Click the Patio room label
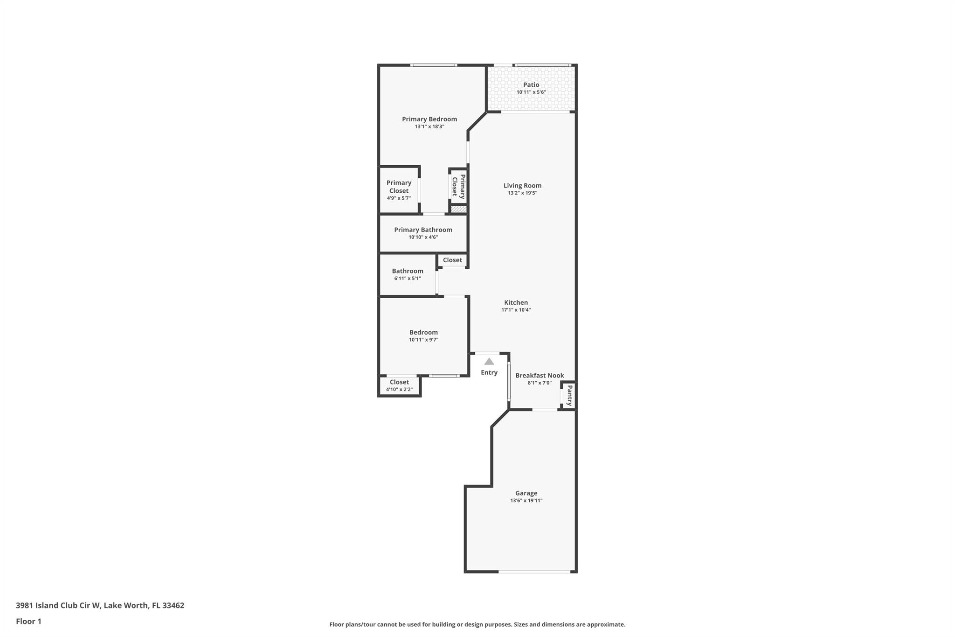tap(531, 84)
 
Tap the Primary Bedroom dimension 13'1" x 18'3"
tap(429, 126)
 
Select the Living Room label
tap(522, 185)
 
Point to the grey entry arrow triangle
tap(489, 362)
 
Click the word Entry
tap(489, 372)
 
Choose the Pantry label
tap(569, 395)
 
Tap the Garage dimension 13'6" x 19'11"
tap(526, 501)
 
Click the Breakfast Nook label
tap(539, 375)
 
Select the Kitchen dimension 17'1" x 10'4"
tap(516, 310)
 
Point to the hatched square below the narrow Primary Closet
tap(458, 210)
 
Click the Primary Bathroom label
tap(423, 230)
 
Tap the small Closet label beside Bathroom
tap(452, 260)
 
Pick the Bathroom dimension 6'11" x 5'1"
tap(407, 279)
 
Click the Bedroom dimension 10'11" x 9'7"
tap(423, 340)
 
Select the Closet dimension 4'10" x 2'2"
tap(399, 390)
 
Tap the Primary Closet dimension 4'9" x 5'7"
tap(398, 198)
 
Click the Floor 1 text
tap(28, 621)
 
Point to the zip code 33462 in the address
tap(173, 605)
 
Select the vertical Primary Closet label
tap(458, 186)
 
